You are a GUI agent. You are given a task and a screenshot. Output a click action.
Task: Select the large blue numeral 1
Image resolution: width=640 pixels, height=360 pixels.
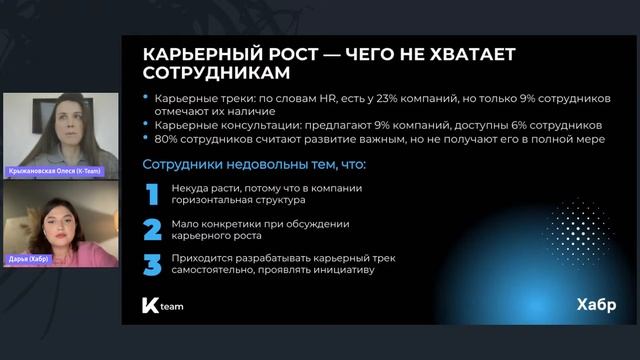(x=152, y=193)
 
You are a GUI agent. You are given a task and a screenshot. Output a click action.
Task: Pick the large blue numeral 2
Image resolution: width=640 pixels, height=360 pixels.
(x=152, y=230)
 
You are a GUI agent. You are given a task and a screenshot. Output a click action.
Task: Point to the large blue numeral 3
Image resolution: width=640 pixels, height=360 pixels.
(x=152, y=265)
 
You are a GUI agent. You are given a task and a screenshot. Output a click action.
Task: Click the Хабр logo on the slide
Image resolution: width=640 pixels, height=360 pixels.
(x=596, y=303)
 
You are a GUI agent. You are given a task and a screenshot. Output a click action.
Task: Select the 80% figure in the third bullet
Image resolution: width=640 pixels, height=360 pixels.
(x=164, y=140)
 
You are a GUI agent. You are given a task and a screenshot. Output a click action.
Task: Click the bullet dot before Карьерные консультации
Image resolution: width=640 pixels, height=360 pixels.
(x=147, y=126)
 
